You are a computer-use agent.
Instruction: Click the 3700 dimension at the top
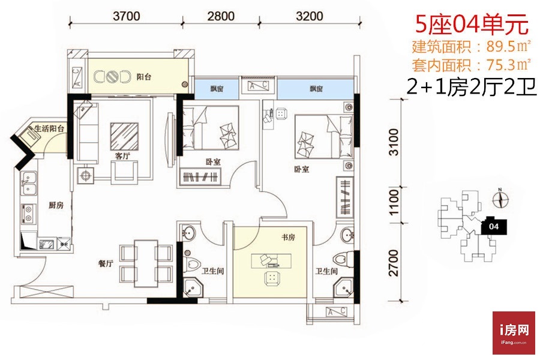coord(127,16)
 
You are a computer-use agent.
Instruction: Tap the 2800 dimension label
coord(221,16)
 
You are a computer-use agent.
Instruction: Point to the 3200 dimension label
coord(310,16)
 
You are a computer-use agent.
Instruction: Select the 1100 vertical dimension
coord(394,202)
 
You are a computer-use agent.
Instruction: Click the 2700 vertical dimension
coord(394,263)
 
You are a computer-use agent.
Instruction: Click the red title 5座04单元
coord(472,24)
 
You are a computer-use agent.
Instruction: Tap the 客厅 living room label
coord(122,156)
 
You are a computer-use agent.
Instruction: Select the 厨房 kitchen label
coord(56,205)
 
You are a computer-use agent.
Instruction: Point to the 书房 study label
coord(288,237)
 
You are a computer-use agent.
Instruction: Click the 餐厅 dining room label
coord(106,264)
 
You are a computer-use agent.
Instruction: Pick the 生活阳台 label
coord(50,129)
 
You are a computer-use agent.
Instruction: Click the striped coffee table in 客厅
coord(124,136)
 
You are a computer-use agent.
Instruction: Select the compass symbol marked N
coord(500,199)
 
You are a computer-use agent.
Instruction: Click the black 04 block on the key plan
coord(494,226)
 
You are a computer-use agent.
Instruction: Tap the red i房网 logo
coord(514,333)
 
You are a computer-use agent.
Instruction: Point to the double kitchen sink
coord(29,182)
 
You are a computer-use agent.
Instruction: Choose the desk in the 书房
coord(271,261)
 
